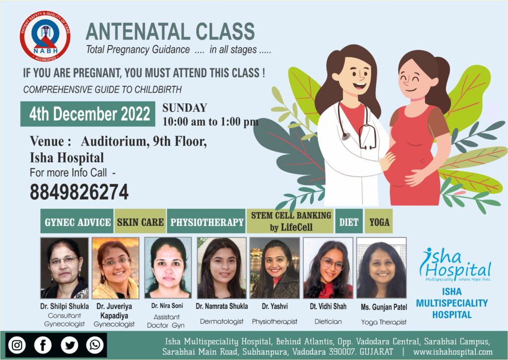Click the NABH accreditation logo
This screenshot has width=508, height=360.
tap(45, 36)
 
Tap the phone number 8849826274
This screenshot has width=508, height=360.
tap(79, 192)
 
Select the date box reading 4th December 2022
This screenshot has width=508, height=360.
tap(88, 114)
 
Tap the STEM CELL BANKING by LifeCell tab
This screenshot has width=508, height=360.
tap(290, 221)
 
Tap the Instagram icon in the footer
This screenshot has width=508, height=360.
tap(17, 345)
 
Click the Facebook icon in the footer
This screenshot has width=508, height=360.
tap(43, 345)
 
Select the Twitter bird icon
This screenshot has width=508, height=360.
tap(69, 345)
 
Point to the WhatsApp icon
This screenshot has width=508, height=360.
tap(95, 345)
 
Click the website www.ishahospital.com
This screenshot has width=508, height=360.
tap(453, 352)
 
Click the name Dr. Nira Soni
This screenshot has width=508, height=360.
tap(167, 305)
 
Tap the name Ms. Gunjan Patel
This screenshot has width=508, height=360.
tap(384, 307)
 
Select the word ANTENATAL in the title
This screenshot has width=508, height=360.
tap(138, 31)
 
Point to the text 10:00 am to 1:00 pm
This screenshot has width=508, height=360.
tap(210, 122)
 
